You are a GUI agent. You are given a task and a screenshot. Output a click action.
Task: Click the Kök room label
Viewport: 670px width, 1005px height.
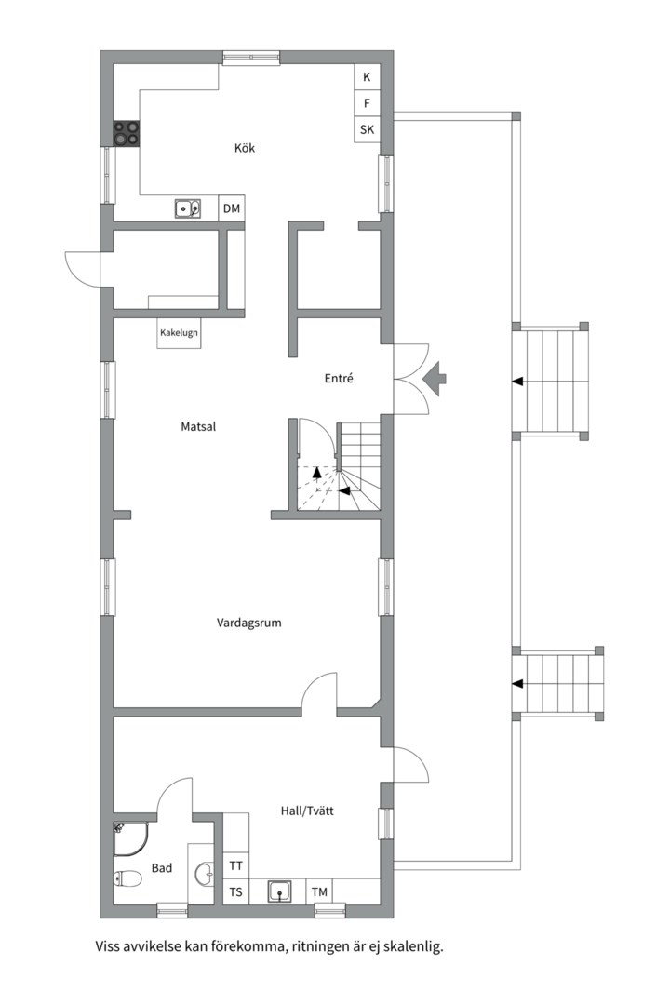pyautogui.click(x=245, y=148)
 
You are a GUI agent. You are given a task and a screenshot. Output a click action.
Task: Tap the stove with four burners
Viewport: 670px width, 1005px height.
pyautogui.click(x=127, y=134)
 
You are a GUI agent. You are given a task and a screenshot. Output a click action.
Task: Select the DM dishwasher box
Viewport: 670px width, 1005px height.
pyautogui.click(x=232, y=208)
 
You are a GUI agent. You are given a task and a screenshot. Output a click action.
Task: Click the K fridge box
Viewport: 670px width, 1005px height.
pyautogui.click(x=367, y=77)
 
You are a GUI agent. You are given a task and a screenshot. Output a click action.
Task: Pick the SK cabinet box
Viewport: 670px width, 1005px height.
pyautogui.click(x=367, y=129)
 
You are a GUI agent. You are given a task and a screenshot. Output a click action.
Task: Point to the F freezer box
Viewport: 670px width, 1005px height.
pyautogui.click(x=367, y=103)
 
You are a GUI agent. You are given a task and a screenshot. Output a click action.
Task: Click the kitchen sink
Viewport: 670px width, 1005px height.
pyautogui.click(x=187, y=208)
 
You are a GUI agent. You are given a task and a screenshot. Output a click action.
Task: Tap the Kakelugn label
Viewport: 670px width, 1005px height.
pyautogui.click(x=179, y=332)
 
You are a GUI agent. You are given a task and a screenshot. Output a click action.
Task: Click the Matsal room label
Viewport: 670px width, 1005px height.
pyautogui.click(x=198, y=426)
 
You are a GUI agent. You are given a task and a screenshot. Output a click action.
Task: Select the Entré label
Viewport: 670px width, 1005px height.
pyautogui.click(x=339, y=378)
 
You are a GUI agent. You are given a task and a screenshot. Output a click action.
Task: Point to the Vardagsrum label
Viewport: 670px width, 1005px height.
pyautogui.click(x=248, y=623)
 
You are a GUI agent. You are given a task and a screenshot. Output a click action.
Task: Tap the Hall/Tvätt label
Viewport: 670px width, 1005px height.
pyautogui.click(x=307, y=811)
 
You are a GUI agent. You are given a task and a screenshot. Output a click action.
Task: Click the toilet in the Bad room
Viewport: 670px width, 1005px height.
pyautogui.click(x=127, y=878)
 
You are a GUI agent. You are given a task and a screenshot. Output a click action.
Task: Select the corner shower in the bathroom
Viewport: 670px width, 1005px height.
pyautogui.click(x=130, y=839)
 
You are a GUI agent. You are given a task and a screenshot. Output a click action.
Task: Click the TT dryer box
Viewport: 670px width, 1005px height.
pyautogui.click(x=236, y=865)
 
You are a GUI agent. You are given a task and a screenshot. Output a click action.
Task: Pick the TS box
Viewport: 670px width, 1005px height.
pyautogui.click(x=236, y=891)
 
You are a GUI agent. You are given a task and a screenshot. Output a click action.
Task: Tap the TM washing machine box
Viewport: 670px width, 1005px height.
pyautogui.click(x=319, y=891)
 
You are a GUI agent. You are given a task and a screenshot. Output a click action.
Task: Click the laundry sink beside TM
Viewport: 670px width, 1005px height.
pyautogui.click(x=279, y=891)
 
